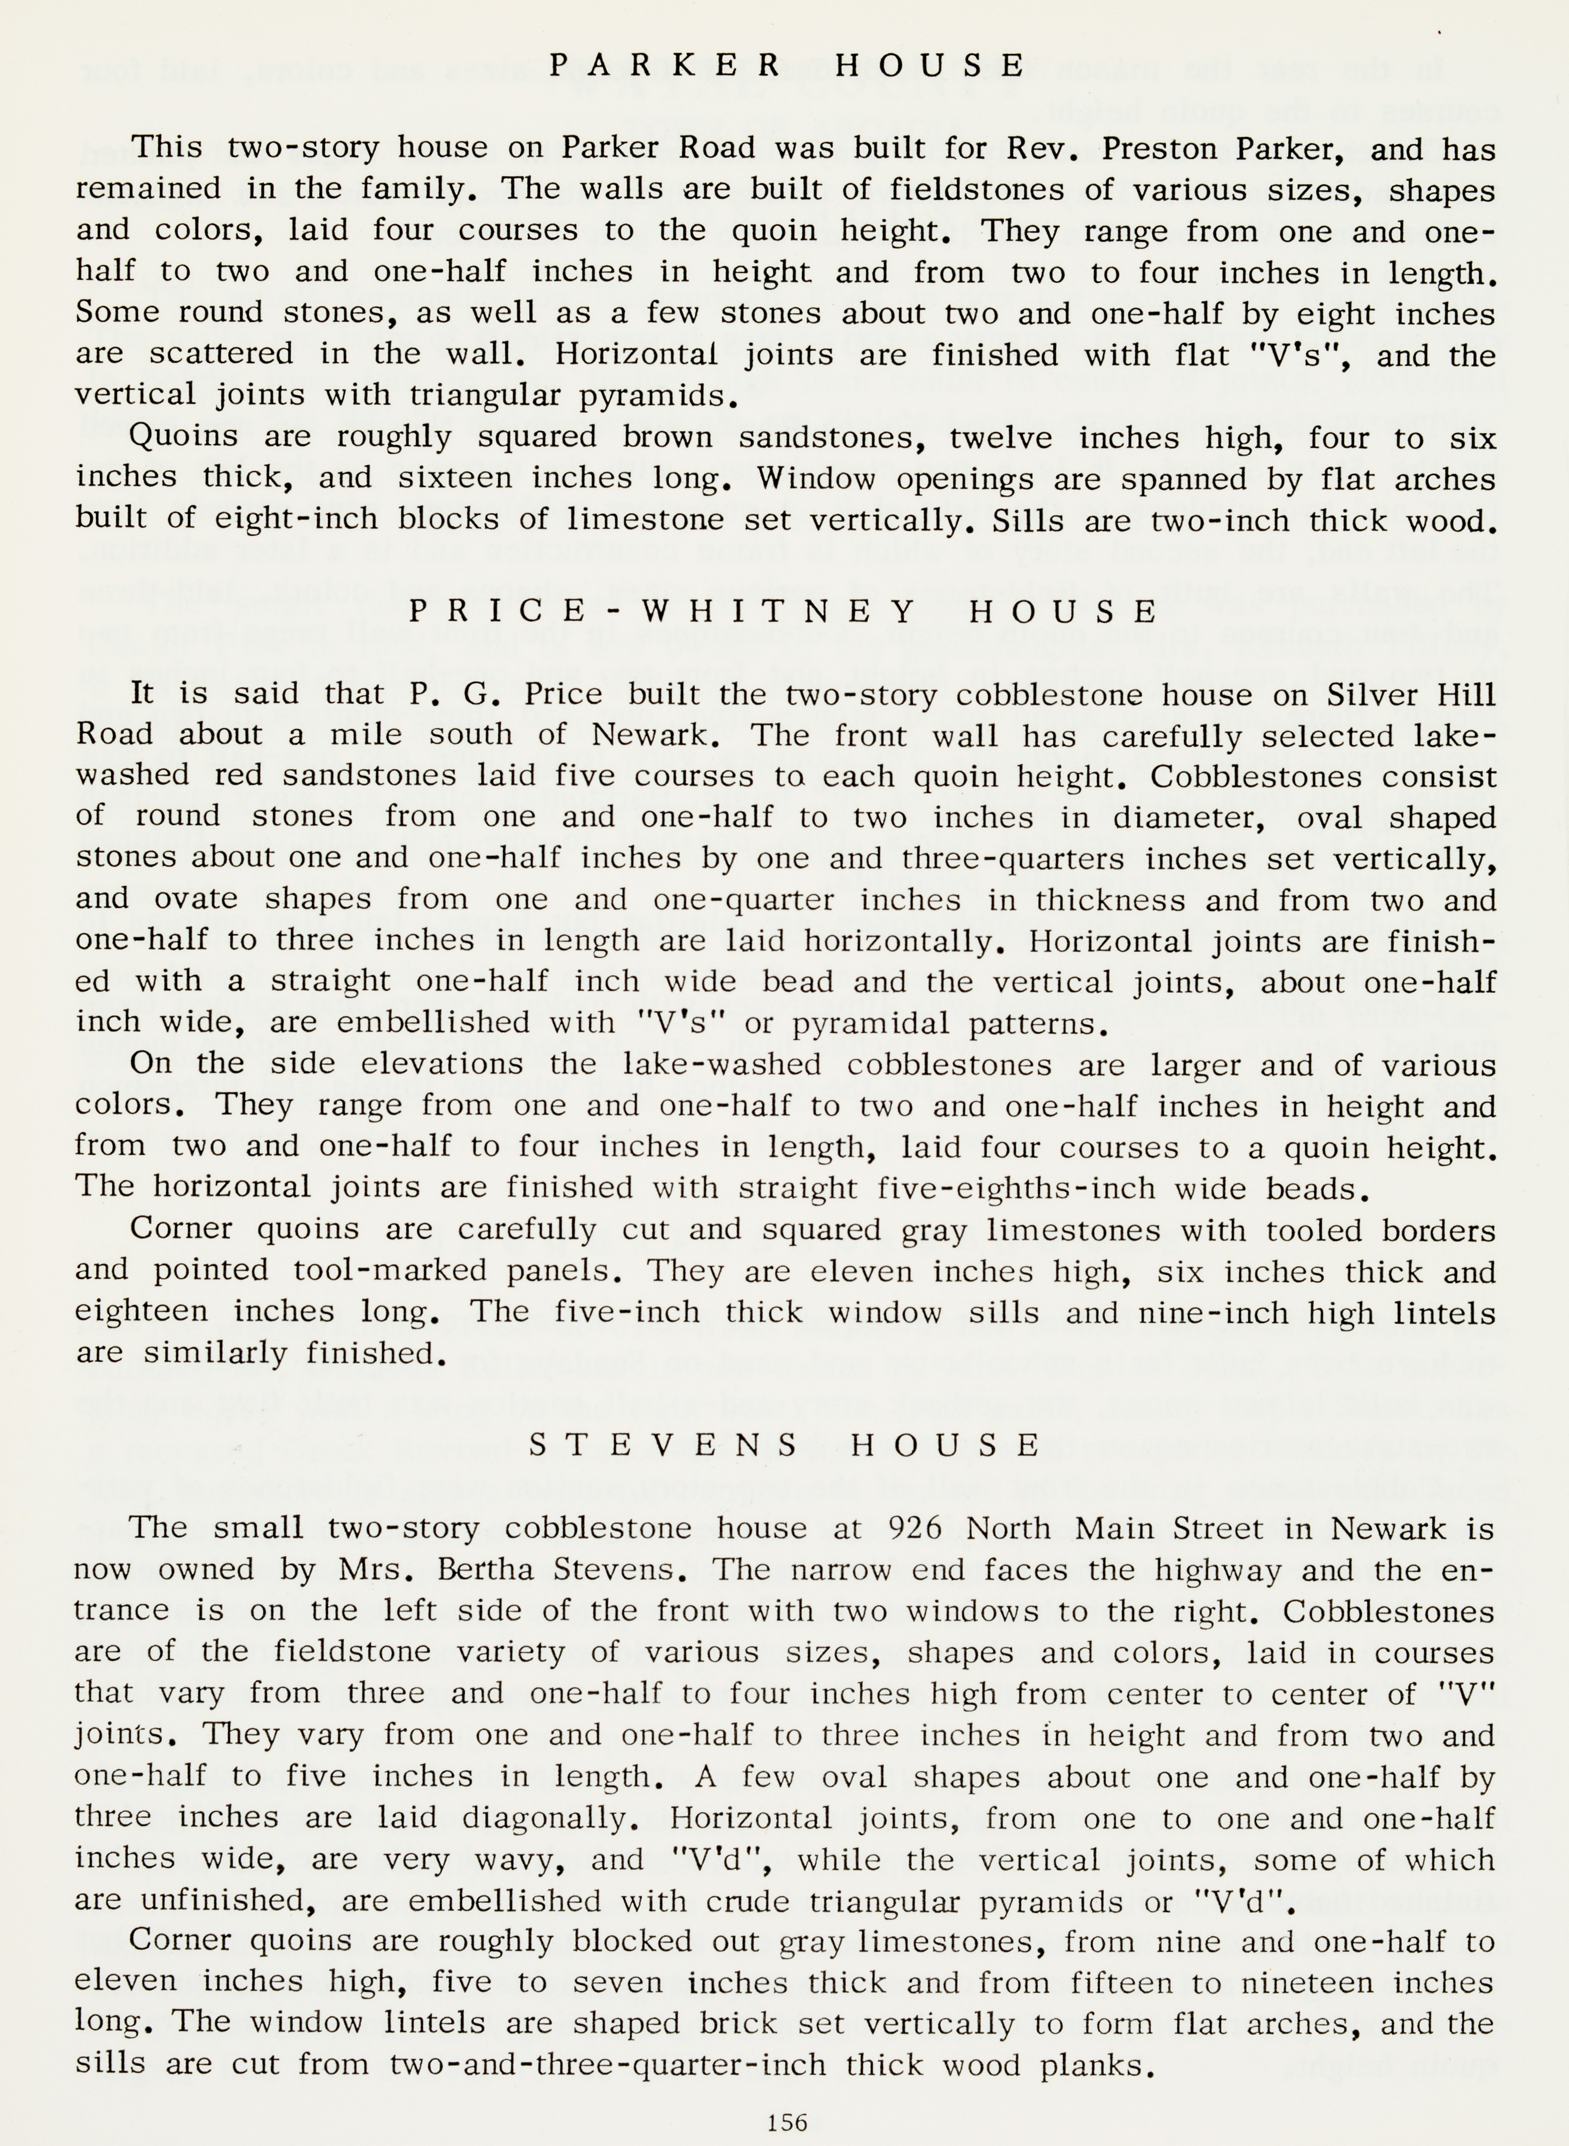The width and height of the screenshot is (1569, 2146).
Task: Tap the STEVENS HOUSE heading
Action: pyautogui.click(x=784, y=1444)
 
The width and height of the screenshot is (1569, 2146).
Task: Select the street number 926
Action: pyautogui.click(x=913, y=1528)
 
